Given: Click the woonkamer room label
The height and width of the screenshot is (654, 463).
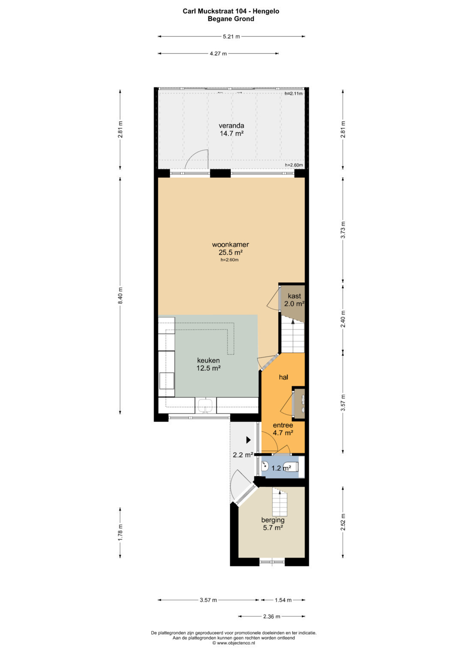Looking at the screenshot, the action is coord(230,245).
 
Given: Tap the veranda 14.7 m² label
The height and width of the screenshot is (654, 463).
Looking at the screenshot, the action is coord(231,130).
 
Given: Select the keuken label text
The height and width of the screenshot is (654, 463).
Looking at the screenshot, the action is coord(208,360).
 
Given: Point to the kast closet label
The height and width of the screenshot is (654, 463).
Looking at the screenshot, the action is coord(294,296).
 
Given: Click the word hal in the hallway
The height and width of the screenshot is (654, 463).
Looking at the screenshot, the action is coord(283,377).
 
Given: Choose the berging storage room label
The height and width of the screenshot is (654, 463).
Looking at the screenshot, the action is coord(273,520).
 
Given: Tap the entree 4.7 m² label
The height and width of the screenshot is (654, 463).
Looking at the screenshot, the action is coord(283,429).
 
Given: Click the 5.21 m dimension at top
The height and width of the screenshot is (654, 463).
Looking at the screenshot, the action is coord(231,36).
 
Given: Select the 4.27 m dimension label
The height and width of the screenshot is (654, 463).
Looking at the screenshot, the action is coord(218,54).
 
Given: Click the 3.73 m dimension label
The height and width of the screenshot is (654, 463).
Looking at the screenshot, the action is coord(343,230).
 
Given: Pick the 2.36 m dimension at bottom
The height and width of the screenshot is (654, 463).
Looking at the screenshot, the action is coord(271,616).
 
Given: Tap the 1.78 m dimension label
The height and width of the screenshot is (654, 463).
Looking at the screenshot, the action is coord(120,532).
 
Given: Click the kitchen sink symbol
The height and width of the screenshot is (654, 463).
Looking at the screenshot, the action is coord(206,405).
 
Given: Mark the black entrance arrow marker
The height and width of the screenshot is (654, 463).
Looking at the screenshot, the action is coord(249,440).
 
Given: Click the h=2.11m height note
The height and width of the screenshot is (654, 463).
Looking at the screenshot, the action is coord(294,93).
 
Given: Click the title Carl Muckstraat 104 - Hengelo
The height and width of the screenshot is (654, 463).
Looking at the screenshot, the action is coord(231,11).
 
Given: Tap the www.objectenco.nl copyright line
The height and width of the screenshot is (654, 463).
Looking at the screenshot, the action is coord(234,642).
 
